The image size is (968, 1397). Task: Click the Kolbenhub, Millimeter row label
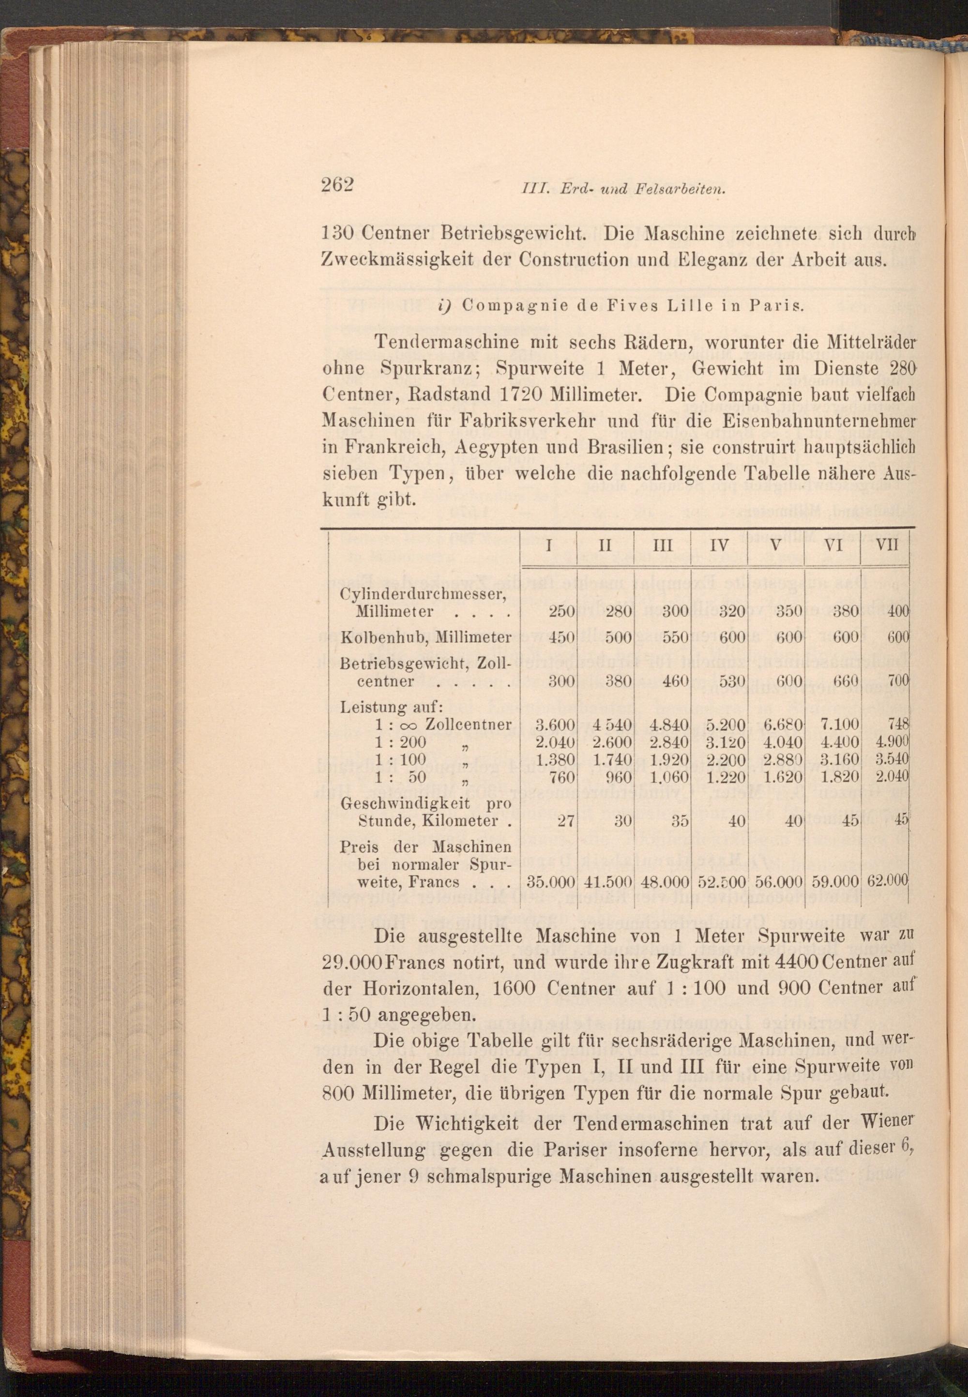(426, 637)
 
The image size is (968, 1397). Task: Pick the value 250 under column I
(561, 611)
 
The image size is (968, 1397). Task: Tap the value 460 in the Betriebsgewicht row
(675, 681)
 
